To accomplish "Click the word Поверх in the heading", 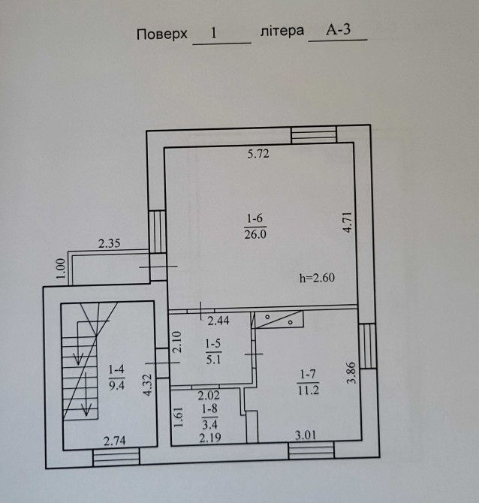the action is (x=162, y=34).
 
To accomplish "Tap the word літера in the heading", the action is (x=282, y=31).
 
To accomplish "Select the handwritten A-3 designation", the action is (x=338, y=30).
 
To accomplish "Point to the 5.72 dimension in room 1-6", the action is (x=258, y=154).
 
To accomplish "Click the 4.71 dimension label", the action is (x=348, y=222).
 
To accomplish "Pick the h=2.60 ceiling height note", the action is (x=317, y=278).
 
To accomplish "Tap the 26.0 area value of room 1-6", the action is (x=255, y=234).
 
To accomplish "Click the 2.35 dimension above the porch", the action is (x=110, y=243).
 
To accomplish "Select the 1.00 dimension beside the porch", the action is (x=61, y=270).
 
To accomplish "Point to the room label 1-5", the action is (x=213, y=344).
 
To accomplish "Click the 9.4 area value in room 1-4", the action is (x=117, y=385).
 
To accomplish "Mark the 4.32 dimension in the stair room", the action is (x=148, y=384).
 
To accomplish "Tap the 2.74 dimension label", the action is (x=115, y=441).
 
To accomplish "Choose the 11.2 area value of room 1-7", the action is (x=309, y=390).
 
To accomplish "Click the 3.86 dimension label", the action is (x=351, y=373).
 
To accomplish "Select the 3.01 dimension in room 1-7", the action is (x=306, y=435).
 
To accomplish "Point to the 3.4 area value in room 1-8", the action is (x=209, y=425).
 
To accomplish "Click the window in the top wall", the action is (x=314, y=134).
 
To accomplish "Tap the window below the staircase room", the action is (x=116, y=457).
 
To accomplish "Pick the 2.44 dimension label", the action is (x=218, y=321).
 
